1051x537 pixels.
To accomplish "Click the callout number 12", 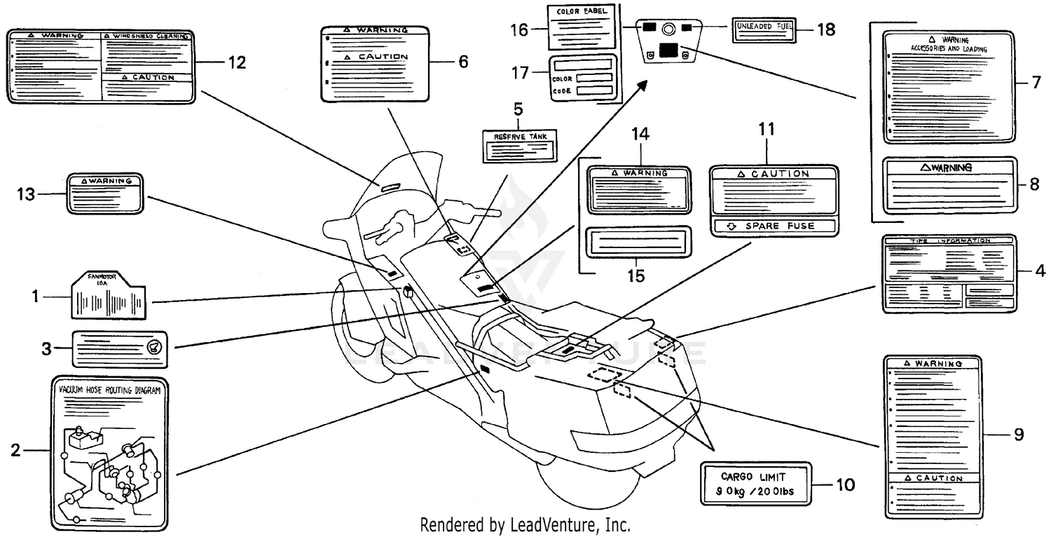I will click(237, 62).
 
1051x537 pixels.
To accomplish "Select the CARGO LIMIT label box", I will click(755, 483).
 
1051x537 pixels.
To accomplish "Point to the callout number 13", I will click(26, 194).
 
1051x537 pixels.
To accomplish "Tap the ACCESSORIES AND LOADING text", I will click(949, 49).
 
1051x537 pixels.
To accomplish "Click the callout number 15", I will click(636, 276).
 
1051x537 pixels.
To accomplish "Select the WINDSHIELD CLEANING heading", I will click(147, 35).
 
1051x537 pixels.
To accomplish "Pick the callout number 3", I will click(46, 348).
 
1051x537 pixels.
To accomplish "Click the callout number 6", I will click(462, 62).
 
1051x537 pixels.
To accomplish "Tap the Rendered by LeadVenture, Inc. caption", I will click(525, 524).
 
